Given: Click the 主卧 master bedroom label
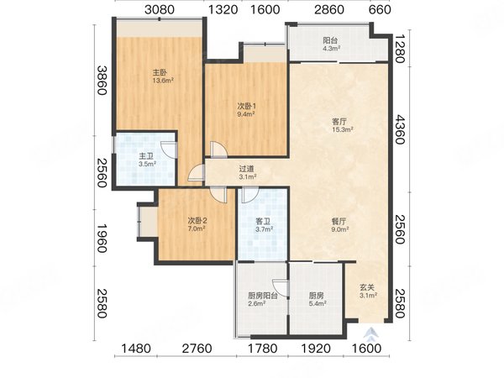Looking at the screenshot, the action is click(x=160, y=73).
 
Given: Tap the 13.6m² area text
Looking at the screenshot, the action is click(x=163, y=81).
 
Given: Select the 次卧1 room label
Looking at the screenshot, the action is click(x=246, y=106).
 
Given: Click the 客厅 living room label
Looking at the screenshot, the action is click(x=339, y=122).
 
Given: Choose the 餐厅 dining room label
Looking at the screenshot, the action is click(x=339, y=222).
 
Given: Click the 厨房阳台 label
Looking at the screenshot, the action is click(x=263, y=296).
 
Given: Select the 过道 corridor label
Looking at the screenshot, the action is click(x=246, y=169).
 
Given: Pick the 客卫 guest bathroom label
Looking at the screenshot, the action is click(x=263, y=222).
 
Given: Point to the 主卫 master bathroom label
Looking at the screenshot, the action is click(x=146, y=156).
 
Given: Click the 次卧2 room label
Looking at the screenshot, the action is click(x=197, y=221).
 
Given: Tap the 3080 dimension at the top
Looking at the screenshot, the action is click(x=160, y=9).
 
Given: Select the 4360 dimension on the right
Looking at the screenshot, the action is click(x=400, y=129).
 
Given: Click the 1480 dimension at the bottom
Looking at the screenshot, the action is click(x=136, y=349).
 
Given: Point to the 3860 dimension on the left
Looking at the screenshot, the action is click(x=102, y=81).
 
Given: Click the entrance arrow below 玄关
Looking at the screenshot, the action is click(x=371, y=333).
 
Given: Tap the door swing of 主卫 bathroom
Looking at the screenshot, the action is click(x=169, y=150).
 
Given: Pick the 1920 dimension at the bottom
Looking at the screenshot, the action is click(x=315, y=349).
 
